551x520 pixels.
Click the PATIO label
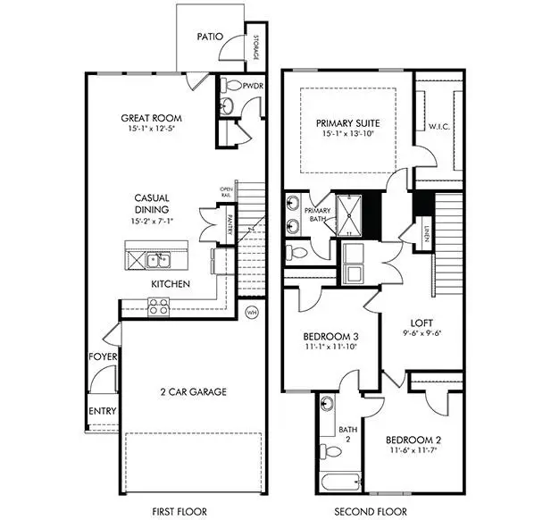(x=211, y=38)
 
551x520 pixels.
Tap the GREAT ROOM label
(x=151, y=118)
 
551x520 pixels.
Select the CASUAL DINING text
(x=152, y=204)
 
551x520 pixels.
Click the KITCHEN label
(x=170, y=283)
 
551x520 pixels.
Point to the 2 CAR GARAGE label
(x=193, y=391)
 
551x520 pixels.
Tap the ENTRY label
(x=102, y=412)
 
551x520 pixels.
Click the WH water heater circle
(x=252, y=313)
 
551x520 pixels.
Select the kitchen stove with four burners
(x=159, y=306)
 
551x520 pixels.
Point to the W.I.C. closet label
(x=438, y=125)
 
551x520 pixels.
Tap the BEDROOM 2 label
(x=413, y=440)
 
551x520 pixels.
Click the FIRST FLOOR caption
(x=180, y=512)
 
